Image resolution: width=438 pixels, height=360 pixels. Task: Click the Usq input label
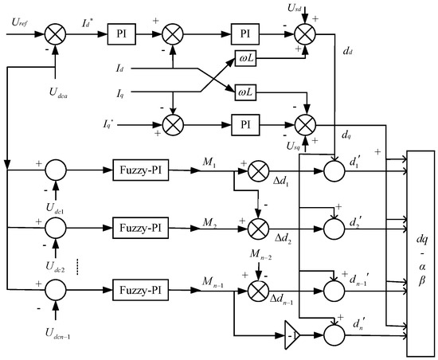pos(317,148)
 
